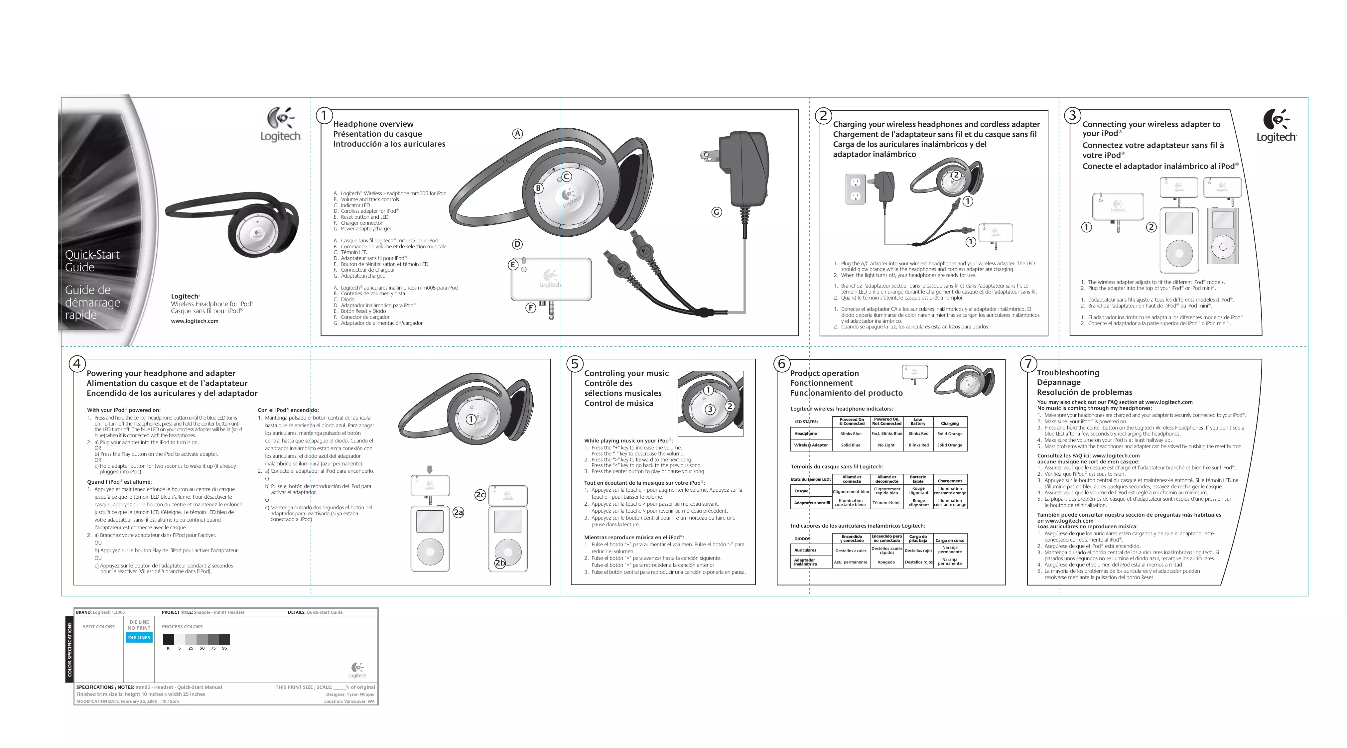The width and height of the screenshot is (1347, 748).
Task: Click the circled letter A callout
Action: pos(517,134)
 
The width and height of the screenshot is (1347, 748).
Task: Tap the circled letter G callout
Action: pos(716,212)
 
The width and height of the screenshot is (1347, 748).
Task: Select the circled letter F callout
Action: pos(531,308)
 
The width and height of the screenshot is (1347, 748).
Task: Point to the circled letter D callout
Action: pos(517,244)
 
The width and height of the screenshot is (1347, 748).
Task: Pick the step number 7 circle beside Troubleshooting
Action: pos(1028,363)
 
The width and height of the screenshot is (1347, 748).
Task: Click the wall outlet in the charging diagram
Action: pos(856,189)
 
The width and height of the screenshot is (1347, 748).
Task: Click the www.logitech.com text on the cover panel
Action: pos(195,321)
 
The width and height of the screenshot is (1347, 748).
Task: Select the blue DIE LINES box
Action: pos(139,638)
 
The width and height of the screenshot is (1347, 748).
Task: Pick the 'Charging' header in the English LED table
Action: pos(950,424)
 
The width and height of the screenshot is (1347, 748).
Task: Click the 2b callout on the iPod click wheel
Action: pos(500,562)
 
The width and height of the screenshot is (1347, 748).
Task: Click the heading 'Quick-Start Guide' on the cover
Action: pos(92,261)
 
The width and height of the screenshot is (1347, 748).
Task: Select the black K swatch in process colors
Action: pos(168,639)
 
